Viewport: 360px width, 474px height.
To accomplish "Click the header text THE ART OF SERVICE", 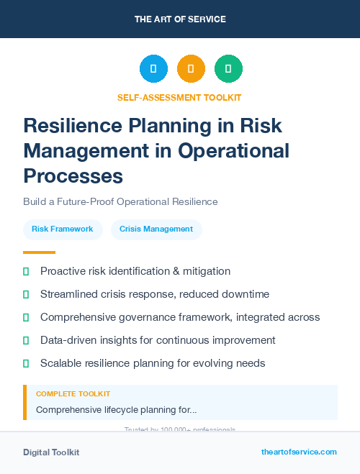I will (x=180, y=19).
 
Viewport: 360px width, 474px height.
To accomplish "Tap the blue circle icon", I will (x=153, y=69).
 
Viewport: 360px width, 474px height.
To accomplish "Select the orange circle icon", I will (x=191, y=69).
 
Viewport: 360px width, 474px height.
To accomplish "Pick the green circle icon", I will (x=228, y=69).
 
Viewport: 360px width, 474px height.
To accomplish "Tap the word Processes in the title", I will (x=73, y=176).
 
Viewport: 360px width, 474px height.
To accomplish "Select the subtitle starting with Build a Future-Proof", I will (x=120, y=202).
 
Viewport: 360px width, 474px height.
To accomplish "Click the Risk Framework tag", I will (x=63, y=229).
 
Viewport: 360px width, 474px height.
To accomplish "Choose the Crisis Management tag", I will (x=156, y=229).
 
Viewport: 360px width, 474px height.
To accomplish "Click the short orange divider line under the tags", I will (x=39, y=252).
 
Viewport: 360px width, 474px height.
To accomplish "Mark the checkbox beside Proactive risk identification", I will (x=27, y=271).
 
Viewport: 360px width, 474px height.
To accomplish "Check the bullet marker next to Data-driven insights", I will (x=27, y=340).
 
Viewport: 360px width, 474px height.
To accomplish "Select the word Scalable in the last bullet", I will (x=60, y=363).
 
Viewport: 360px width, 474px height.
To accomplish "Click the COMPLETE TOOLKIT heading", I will (x=73, y=394).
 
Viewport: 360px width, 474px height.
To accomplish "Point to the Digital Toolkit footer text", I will (x=51, y=452).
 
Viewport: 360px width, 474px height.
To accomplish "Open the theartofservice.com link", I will (x=299, y=452).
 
